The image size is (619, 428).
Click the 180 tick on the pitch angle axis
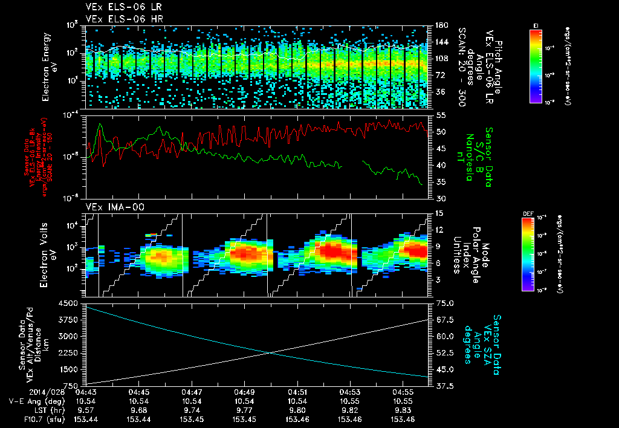pyautogui.click(x=441, y=25)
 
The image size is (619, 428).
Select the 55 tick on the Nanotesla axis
pyautogui.click(x=439, y=115)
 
